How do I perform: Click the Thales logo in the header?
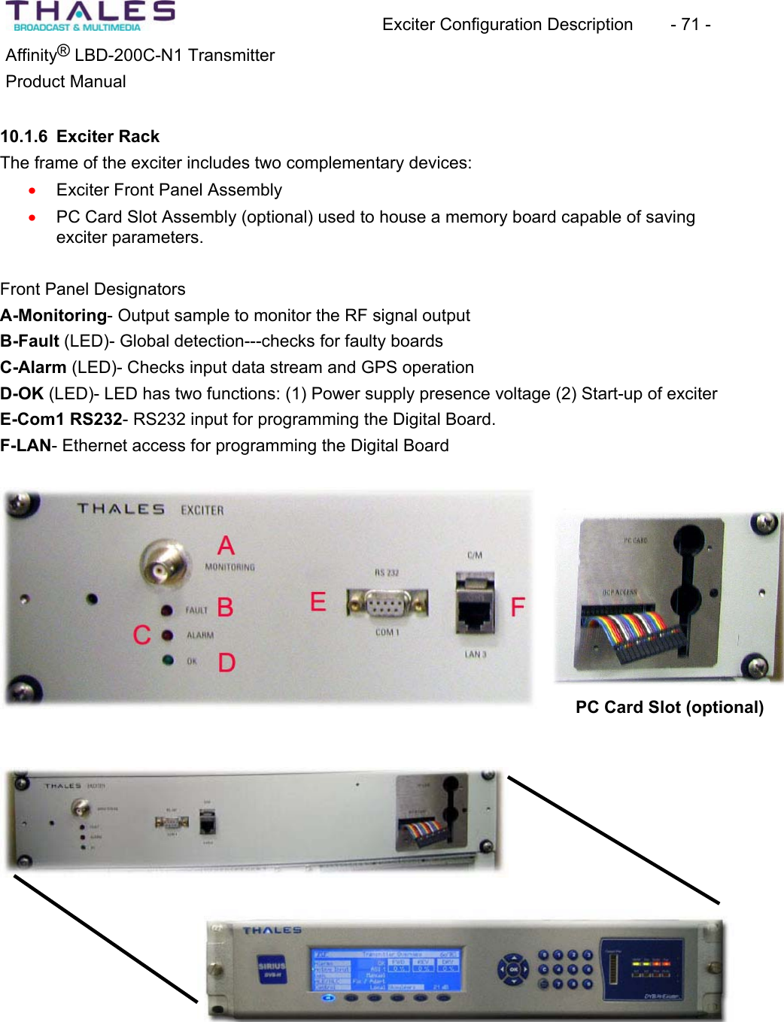pos(90,16)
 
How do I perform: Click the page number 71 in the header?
pos(690,24)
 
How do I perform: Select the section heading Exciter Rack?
pos(108,136)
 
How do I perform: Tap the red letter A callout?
pos(226,545)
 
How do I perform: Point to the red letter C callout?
pos(141,635)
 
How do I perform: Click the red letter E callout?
pos(318,602)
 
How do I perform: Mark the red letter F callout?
pos(518,607)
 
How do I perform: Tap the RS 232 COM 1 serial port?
pos(387,603)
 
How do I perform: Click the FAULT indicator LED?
pos(167,610)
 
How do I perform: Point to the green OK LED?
pos(168,660)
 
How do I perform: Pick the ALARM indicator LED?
pos(168,635)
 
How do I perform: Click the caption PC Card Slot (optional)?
pos(669,707)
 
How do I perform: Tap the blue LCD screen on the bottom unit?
pos(384,970)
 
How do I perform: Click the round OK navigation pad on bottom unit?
pos(513,969)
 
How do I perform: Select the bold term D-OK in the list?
pos(22,393)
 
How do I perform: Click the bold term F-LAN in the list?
pos(26,445)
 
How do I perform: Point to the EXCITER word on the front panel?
pos(202,510)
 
